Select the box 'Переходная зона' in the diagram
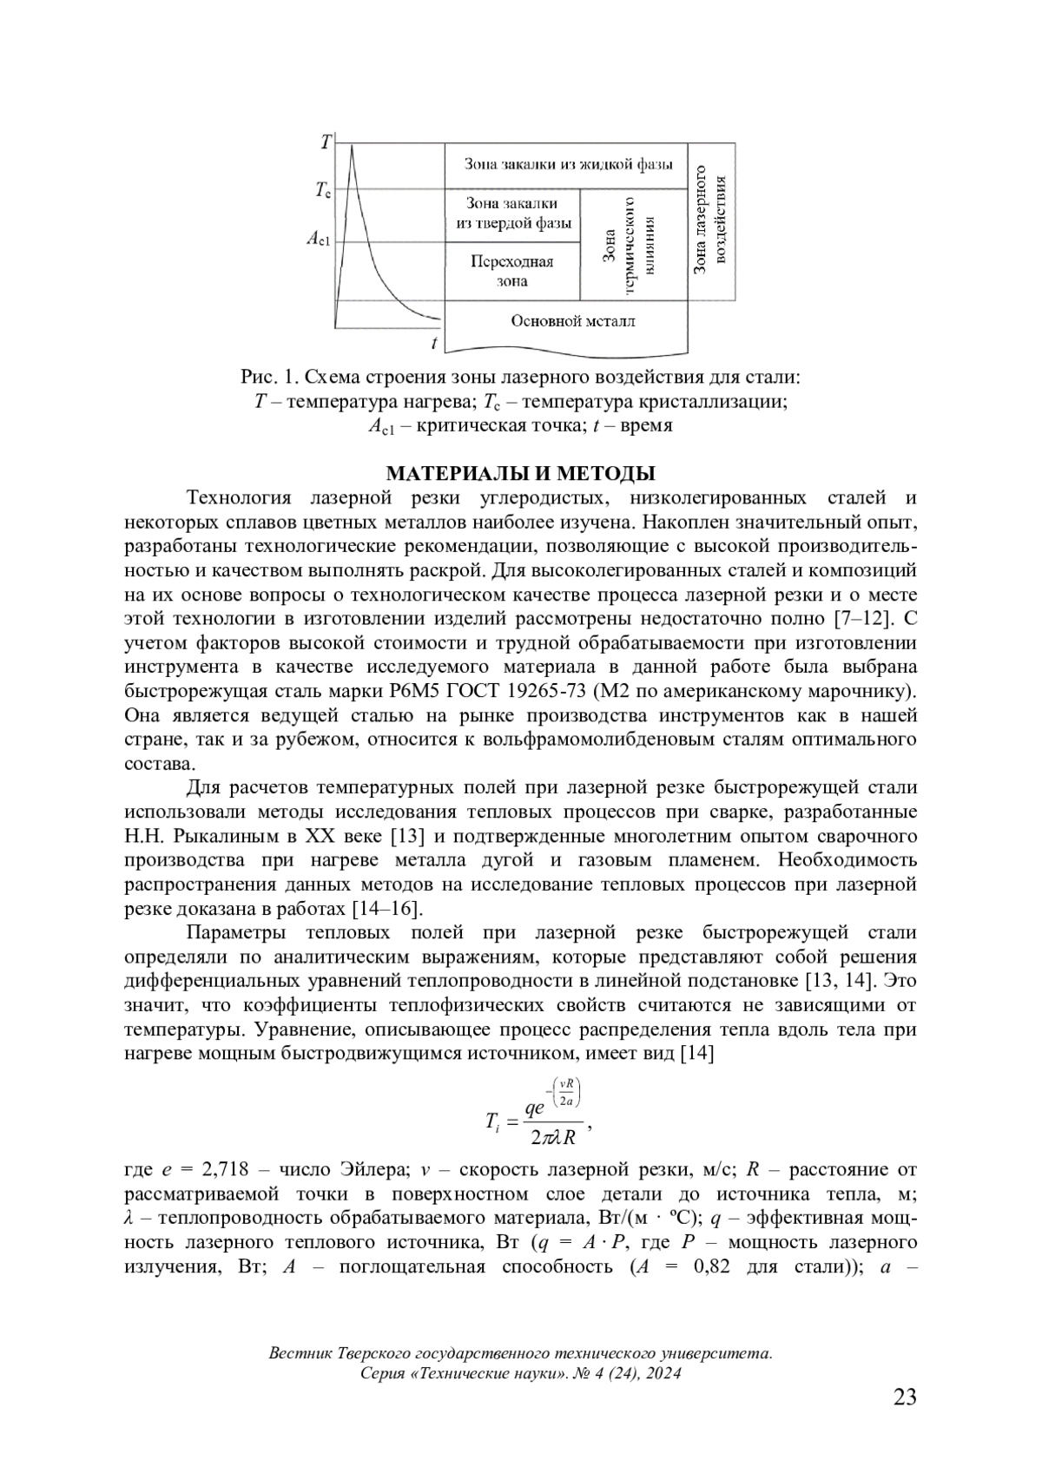click(512, 271)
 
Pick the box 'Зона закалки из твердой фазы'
click(512, 214)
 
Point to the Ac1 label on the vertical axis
click(318, 240)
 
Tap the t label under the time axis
click(433, 344)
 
